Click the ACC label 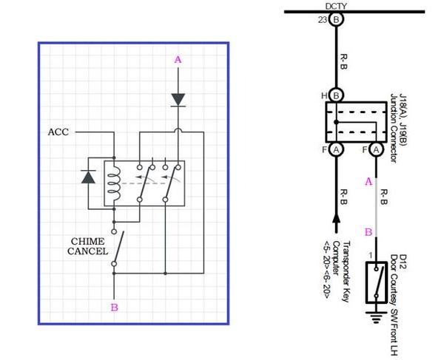click(x=58, y=132)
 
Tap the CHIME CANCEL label click(x=88, y=246)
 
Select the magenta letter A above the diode click(x=178, y=60)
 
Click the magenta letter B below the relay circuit click(x=115, y=308)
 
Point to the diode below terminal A click(x=178, y=100)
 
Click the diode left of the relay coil click(x=88, y=177)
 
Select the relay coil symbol click(x=114, y=184)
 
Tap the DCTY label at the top click(x=336, y=6)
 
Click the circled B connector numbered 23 click(x=336, y=20)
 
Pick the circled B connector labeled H click(x=336, y=95)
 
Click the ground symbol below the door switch click(x=376, y=317)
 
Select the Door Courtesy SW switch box click(x=377, y=282)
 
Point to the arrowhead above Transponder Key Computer click(x=336, y=217)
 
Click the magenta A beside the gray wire click(x=369, y=181)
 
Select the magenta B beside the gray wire click(x=369, y=232)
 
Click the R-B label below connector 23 click(x=344, y=62)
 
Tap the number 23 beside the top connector click(x=322, y=20)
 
